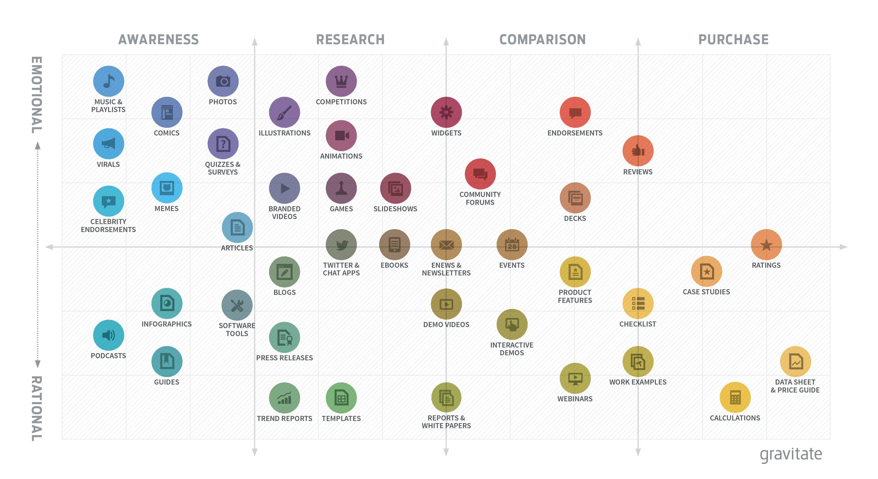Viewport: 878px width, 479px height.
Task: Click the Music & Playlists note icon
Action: [108, 81]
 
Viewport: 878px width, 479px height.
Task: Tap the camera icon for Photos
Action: [223, 81]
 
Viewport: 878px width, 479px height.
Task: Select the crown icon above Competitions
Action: [341, 81]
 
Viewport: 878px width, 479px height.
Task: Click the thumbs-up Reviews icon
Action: [638, 151]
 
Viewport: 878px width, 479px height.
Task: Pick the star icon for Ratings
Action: [766, 245]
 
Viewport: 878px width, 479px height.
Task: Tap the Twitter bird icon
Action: [341, 245]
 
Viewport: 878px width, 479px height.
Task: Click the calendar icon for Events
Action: [512, 245]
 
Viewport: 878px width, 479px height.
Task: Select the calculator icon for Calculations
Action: [735, 397]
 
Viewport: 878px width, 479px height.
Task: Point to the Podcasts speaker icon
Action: [108, 335]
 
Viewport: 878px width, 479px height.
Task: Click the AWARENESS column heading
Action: [159, 40]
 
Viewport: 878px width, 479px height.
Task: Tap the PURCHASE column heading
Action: [734, 40]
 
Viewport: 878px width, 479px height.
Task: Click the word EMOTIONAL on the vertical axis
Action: [37, 95]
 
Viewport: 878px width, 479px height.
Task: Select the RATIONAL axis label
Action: [37, 408]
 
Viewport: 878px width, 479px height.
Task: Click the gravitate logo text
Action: [791, 454]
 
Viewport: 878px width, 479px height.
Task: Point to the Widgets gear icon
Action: [446, 112]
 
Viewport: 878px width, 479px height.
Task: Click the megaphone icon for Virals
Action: [108, 143]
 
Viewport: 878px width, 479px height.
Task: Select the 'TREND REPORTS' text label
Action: [284, 418]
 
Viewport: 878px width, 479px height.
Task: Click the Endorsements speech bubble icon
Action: [575, 112]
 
